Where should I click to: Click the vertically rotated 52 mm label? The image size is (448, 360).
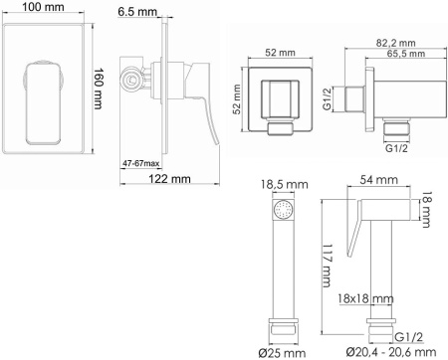(x=238, y=100)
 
